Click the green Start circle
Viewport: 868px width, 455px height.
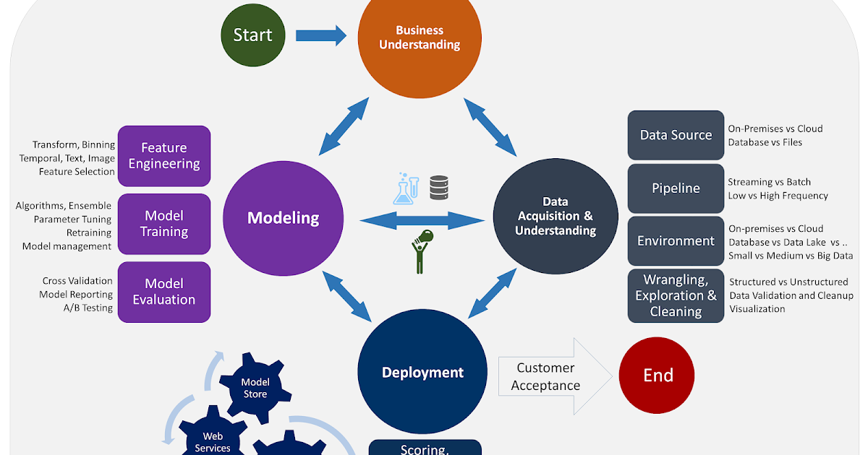coord(253,35)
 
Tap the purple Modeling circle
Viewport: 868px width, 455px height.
coord(284,218)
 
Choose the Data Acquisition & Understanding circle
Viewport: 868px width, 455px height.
coord(556,216)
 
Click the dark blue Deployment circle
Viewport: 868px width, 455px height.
coord(422,371)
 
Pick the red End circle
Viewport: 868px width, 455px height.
coord(657,376)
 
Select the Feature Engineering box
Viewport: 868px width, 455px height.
coord(164,156)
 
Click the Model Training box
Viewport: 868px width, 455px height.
coord(164,224)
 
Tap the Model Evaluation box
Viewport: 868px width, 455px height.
coord(164,292)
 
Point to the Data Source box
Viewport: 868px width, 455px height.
coord(676,135)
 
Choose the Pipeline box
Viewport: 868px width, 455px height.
coord(676,188)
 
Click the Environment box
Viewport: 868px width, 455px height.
coord(676,241)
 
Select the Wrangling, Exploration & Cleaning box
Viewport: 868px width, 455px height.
coord(676,295)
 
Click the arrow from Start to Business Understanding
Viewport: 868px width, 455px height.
coord(321,35)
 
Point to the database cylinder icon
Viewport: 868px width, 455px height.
coord(439,188)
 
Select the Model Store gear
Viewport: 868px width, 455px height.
coord(255,388)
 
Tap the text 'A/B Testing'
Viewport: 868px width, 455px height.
coord(88,308)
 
